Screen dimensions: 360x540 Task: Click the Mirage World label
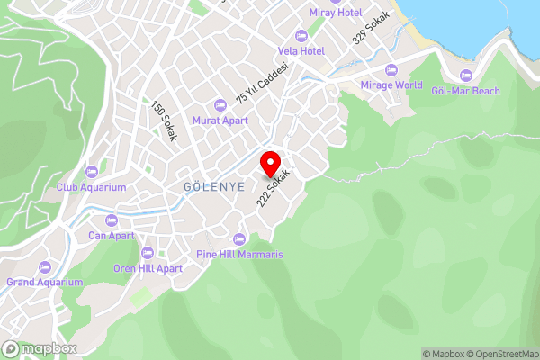point(391,85)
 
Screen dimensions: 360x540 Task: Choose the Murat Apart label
point(220,121)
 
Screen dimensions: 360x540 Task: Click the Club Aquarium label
point(91,187)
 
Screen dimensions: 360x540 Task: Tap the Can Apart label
point(112,236)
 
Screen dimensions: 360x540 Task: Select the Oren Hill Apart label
point(148,268)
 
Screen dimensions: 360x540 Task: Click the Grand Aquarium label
point(45,282)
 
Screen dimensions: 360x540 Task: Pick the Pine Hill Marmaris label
point(239,255)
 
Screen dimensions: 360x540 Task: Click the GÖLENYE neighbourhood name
point(188,187)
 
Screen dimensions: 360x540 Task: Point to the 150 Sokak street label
point(164,121)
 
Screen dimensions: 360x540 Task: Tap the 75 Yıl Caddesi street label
point(262,84)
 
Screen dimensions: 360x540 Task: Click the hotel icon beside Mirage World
point(391,70)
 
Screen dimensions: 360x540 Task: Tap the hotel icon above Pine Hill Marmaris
point(239,239)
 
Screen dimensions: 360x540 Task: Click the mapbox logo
point(40,348)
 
